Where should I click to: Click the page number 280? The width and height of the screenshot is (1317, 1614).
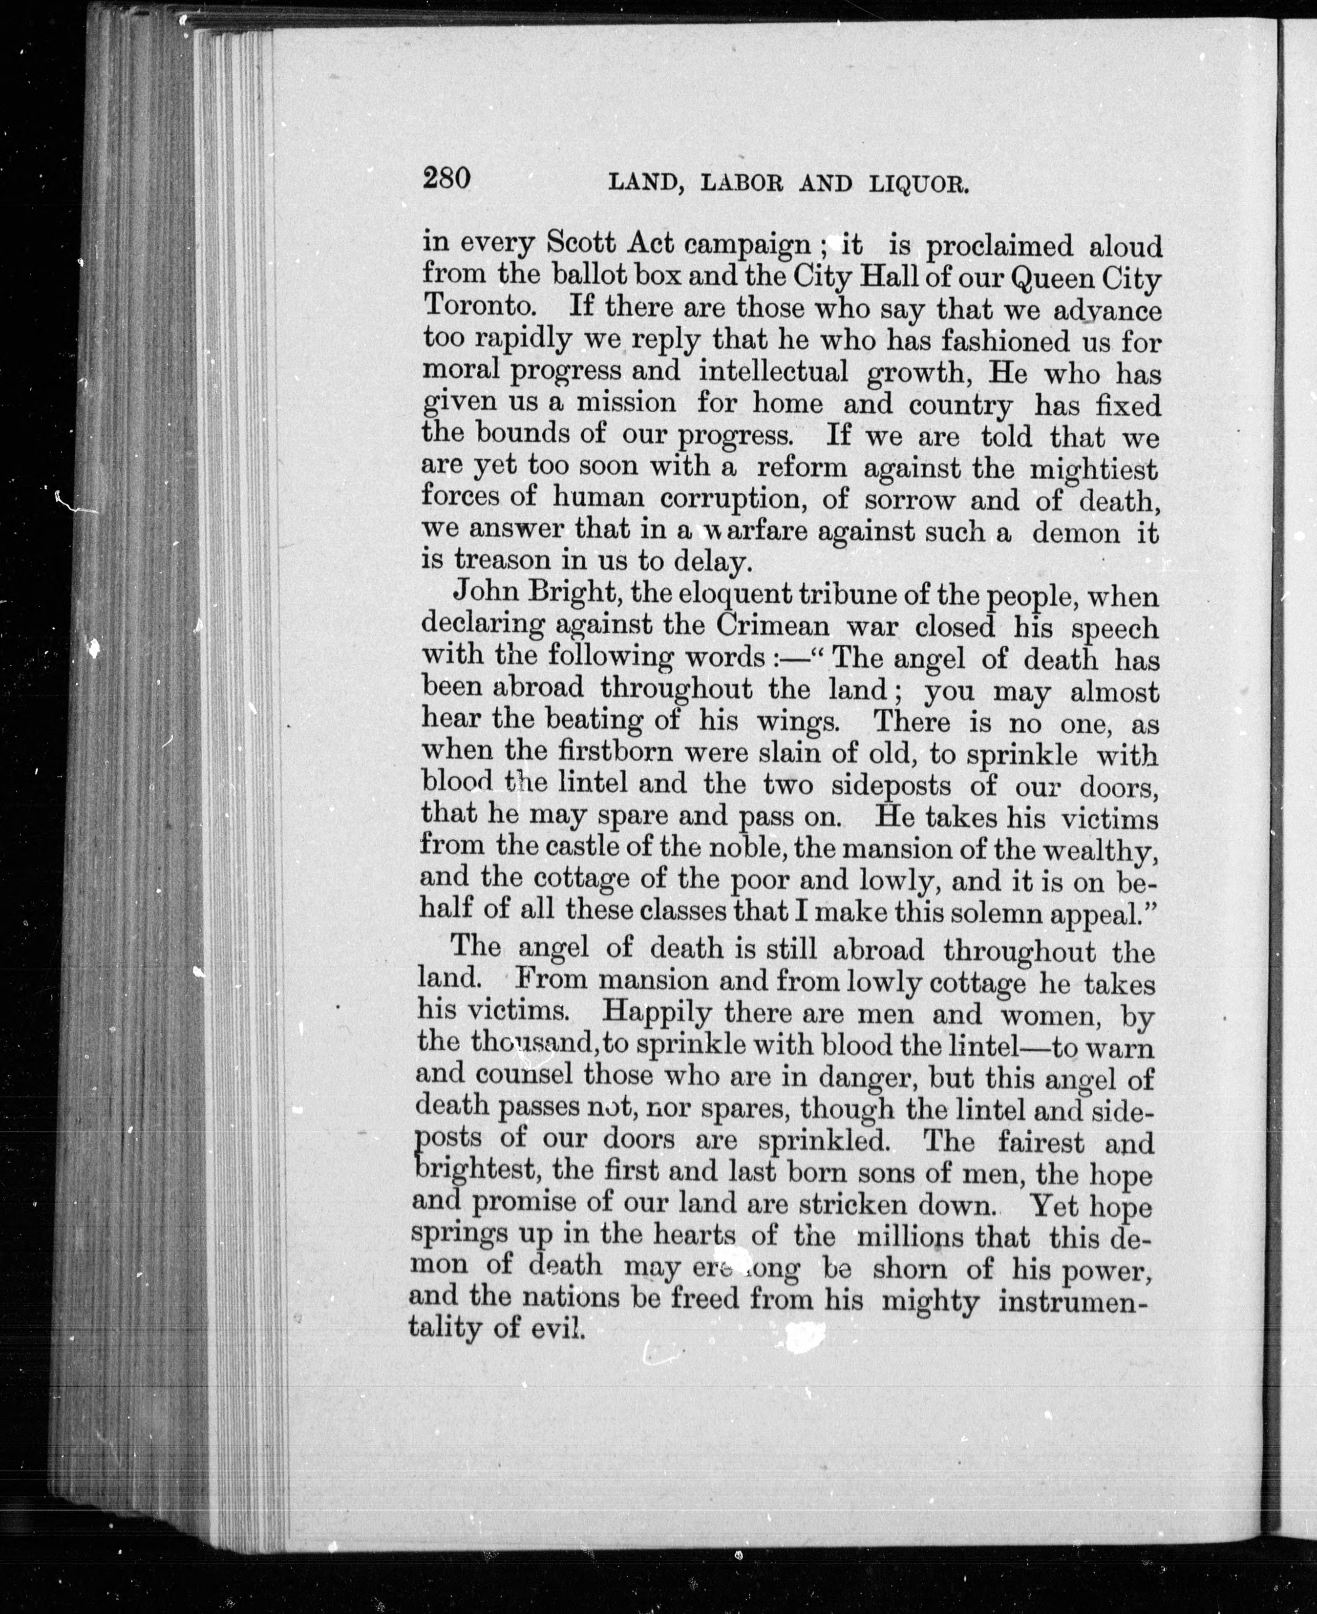pyautogui.click(x=447, y=178)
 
